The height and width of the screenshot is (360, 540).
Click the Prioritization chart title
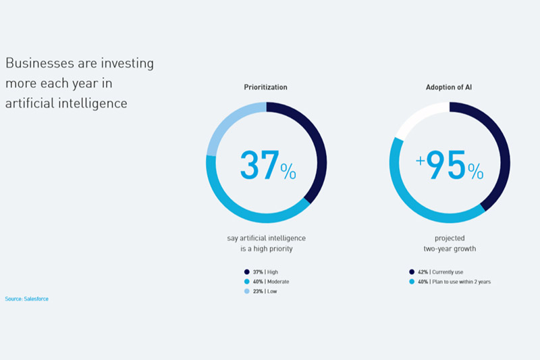[x=265, y=87]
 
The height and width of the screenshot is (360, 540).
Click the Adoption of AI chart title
[x=449, y=87]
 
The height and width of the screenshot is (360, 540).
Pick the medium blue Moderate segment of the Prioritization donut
[x=241, y=210]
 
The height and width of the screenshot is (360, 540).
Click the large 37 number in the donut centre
[x=259, y=165]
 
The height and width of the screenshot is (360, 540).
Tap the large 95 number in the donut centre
[x=446, y=165]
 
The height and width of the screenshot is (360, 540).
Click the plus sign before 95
[x=420, y=161]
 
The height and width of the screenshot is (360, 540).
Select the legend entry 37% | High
[x=261, y=272]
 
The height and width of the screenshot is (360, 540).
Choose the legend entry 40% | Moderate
[x=267, y=282]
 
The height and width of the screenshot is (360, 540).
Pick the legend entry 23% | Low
[x=261, y=291]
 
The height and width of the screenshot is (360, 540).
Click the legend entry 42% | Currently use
[x=436, y=272]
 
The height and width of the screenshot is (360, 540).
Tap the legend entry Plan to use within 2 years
[x=462, y=282]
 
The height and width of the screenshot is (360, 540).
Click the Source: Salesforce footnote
[x=26, y=299]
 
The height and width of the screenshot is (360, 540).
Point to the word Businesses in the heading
[x=40, y=63]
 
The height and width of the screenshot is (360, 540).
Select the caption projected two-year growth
[x=450, y=243]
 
